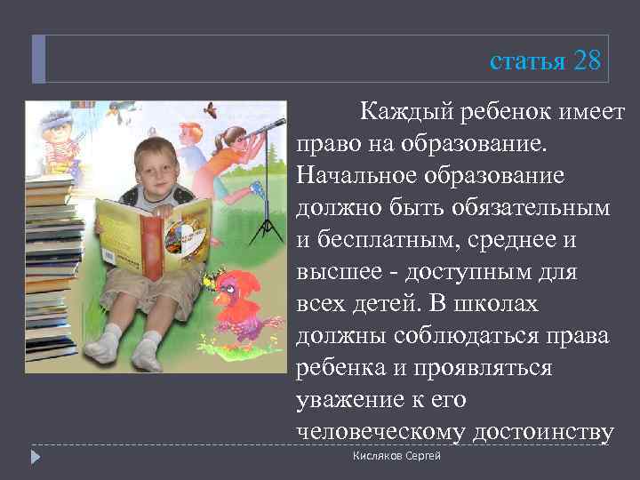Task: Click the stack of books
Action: tap(48, 267)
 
